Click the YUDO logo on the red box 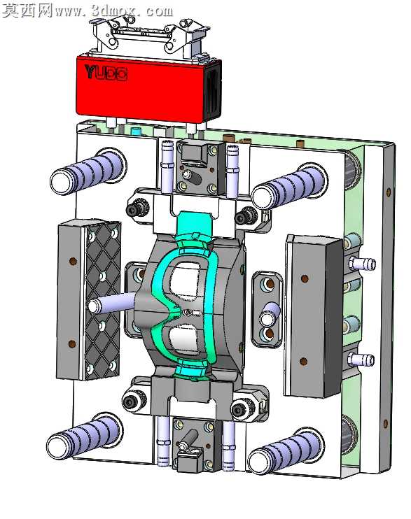tap(106, 73)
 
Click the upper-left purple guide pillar tap(88, 171)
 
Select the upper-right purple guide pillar tap(290, 186)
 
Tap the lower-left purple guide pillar tap(84, 436)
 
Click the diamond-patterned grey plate tap(102, 301)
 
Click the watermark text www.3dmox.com tap(113, 11)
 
